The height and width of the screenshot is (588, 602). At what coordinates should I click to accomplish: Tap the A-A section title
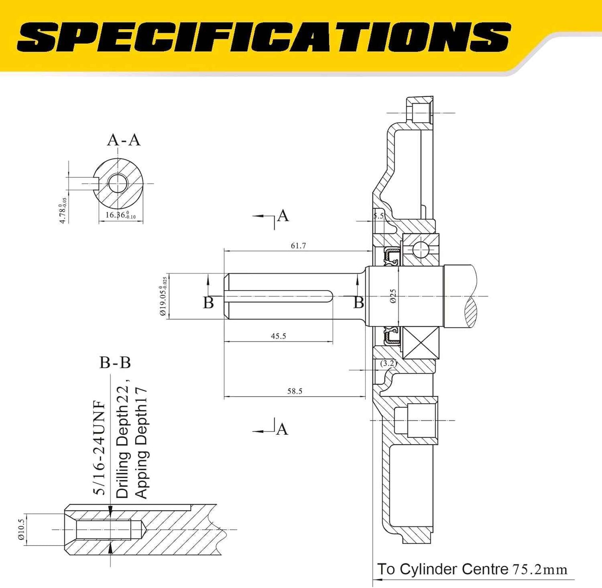coord(124,140)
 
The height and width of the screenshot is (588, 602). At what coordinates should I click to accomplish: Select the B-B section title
coord(115,363)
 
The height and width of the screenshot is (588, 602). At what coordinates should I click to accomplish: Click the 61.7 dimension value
coord(298,246)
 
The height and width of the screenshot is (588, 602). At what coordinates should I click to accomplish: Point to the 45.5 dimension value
coord(278,336)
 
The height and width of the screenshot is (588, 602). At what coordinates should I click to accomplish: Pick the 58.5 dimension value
coord(295,391)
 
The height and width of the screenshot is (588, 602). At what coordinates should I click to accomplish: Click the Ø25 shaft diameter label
coord(393,296)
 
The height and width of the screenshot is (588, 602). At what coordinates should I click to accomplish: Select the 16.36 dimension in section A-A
coord(120,215)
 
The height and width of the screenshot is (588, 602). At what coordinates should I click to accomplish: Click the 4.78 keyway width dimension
coord(63,211)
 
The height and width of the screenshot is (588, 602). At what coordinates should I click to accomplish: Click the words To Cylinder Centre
coord(442,569)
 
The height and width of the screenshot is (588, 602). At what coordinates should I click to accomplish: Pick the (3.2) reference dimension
coord(388,363)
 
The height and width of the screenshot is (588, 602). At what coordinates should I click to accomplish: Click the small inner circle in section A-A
coord(118,183)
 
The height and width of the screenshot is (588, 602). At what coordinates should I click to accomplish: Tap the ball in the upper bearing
coord(421,250)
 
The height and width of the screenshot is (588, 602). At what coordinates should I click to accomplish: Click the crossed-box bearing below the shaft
coord(421,342)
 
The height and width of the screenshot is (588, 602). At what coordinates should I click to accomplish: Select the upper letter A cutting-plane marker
coord(282,216)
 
